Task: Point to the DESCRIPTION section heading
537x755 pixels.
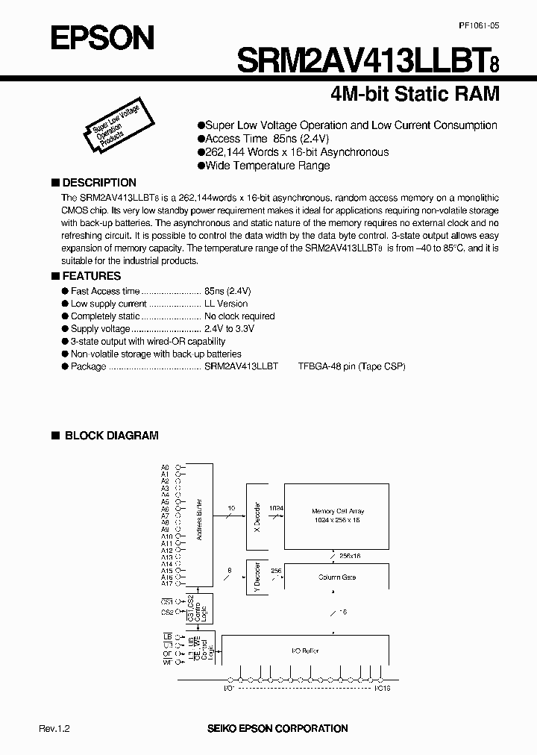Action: [x=98, y=183]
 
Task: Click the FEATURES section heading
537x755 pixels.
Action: [x=91, y=275]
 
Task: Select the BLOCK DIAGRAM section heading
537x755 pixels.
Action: [x=111, y=436]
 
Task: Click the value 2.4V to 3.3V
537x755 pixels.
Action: [x=229, y=329]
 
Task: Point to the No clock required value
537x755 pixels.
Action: [x=239, y=316]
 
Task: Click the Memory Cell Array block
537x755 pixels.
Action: [x=337, y=515]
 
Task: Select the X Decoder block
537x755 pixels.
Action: [x=255, y=516]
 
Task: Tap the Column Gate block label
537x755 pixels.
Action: [x=337, y=577]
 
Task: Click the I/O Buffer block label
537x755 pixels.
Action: [x=305, y=651]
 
